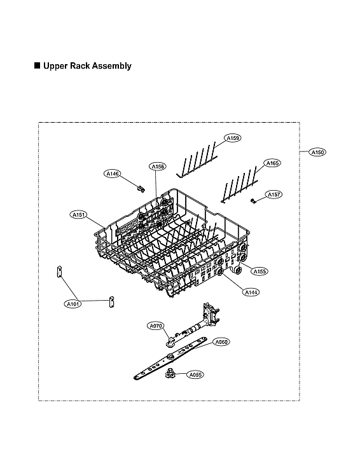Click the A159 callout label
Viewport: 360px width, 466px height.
(233, 137)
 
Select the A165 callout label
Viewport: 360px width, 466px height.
(272, 163)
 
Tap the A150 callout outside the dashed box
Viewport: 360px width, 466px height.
(317, 152)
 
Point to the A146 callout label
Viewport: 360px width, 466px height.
(113, 173)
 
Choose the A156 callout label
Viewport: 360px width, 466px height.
(158, 167)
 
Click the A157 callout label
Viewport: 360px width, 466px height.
(274, 194)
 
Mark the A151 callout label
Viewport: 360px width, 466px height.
(78, 215)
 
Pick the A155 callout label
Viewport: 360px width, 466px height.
(260, 271)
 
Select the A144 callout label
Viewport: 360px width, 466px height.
(251, 291)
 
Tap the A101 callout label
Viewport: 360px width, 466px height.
(74, 305)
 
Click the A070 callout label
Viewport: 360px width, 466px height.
(156, 326)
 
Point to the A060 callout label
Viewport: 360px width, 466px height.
(221, 342)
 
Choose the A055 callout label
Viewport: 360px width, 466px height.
(195, 375)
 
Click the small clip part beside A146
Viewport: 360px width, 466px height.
(139, 187)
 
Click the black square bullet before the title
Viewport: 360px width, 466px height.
(37, 65)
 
